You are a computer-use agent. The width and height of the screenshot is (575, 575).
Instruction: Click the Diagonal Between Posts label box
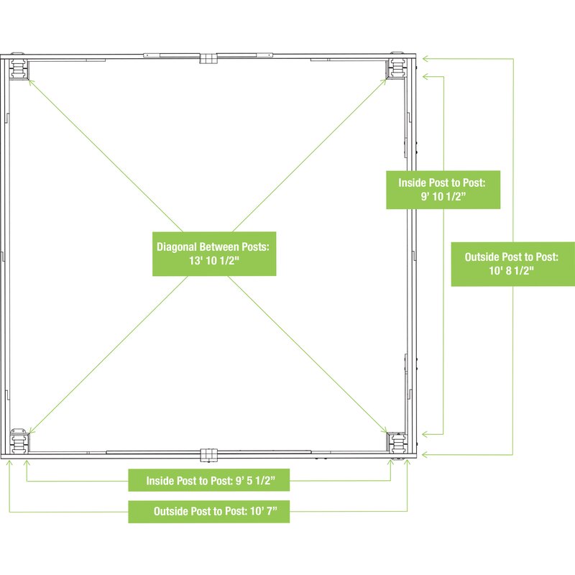click(214, 254)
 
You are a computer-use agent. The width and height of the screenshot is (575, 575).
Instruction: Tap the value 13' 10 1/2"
click(214, 262)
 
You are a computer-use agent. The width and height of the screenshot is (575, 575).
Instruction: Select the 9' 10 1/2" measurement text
click(443, 197)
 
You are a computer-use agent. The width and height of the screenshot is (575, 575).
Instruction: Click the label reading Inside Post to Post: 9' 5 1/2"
click(209, 480)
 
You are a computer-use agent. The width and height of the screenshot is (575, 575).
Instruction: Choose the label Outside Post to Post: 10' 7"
click(209, 512)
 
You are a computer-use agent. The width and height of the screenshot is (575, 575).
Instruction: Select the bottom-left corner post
click(18, 441)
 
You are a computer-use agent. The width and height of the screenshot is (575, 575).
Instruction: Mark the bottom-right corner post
click(396, 440)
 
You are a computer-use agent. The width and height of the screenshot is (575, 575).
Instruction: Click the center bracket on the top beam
click(208, 57)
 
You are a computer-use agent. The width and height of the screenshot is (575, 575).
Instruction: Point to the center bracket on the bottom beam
click(208, 455)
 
